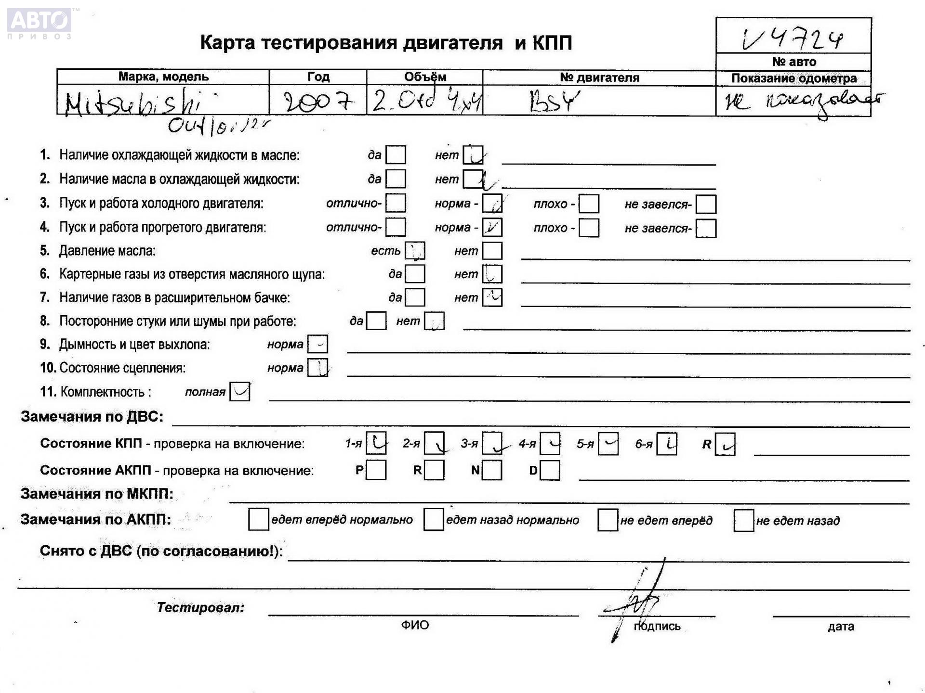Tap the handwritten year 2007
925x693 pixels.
click(x=318, y=102)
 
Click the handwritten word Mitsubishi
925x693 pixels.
click(x=133, y=103)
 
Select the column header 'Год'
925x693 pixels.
click(x=318, y=77)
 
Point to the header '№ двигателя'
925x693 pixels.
click(x=599, y=77)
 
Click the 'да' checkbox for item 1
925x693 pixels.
click(x=396, y=155)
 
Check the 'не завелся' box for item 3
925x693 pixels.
click(x=706, y=204)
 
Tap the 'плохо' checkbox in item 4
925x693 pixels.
click(x=589, y=228)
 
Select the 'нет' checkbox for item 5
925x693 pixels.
click(x=492, y=251)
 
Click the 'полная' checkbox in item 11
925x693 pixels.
click(x=240, y=392)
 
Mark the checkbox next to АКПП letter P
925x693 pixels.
click(x=376, y=470)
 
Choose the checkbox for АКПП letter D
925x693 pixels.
click(x=550, y=470)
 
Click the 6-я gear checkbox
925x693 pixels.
click(x=667, y=444)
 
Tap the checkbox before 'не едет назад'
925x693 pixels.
click(x=743, y=520)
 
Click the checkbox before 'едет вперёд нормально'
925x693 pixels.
click(x=258, y=520)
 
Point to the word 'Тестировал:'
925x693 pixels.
click(x=200, y=607)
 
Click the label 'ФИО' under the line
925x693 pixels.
click(x=415, y=625)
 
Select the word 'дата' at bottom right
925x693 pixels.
click(x=841, y=626)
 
